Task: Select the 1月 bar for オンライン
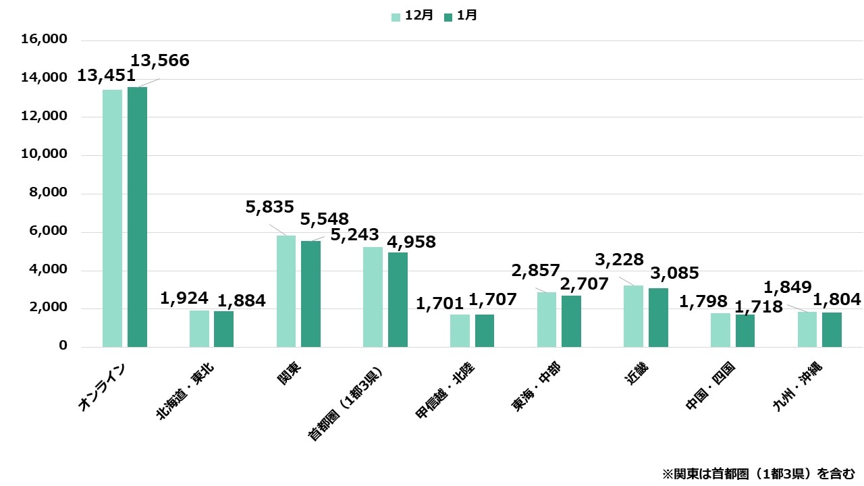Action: (137, 217)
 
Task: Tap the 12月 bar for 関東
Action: (286, 291)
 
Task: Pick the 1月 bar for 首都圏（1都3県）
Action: (398, 300)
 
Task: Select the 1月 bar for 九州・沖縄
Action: (832, 329)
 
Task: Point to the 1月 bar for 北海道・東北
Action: (223, 329)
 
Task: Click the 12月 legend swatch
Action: (396, 16)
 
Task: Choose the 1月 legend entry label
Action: (466, 16)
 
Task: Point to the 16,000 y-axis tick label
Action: (45, 40)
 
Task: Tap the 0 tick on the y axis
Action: (63, 346)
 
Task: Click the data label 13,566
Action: (160, 61)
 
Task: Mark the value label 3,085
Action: (674, 273)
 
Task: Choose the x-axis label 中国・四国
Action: (711, 385)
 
